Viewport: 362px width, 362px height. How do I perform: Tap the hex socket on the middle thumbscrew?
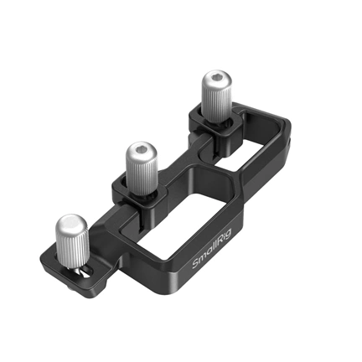click(x=140, y=152)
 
